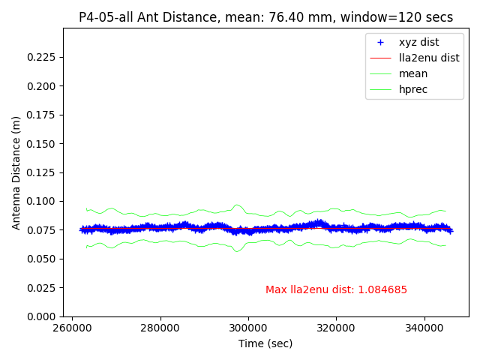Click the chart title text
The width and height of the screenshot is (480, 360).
265,17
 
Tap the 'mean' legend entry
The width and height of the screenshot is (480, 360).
413,73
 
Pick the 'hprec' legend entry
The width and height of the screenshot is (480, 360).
413,89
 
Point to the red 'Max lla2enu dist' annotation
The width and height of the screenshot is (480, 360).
336,290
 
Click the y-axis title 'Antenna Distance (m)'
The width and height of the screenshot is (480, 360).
16,172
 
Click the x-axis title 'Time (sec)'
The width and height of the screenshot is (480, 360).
265,343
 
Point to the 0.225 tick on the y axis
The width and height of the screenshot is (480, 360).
42,57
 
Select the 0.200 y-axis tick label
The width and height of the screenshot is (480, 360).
42,86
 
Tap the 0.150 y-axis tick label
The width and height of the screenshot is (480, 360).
42,144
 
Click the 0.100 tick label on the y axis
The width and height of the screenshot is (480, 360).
42,201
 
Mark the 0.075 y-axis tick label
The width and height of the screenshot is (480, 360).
42,230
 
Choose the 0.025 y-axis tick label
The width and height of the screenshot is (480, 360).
42,288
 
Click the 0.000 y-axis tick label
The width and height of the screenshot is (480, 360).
42,316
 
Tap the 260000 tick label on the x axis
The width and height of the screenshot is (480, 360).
72,328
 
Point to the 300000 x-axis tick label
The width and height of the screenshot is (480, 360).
248,328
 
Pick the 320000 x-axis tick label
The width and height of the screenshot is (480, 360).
336,328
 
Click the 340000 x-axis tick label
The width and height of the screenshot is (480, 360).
424,328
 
